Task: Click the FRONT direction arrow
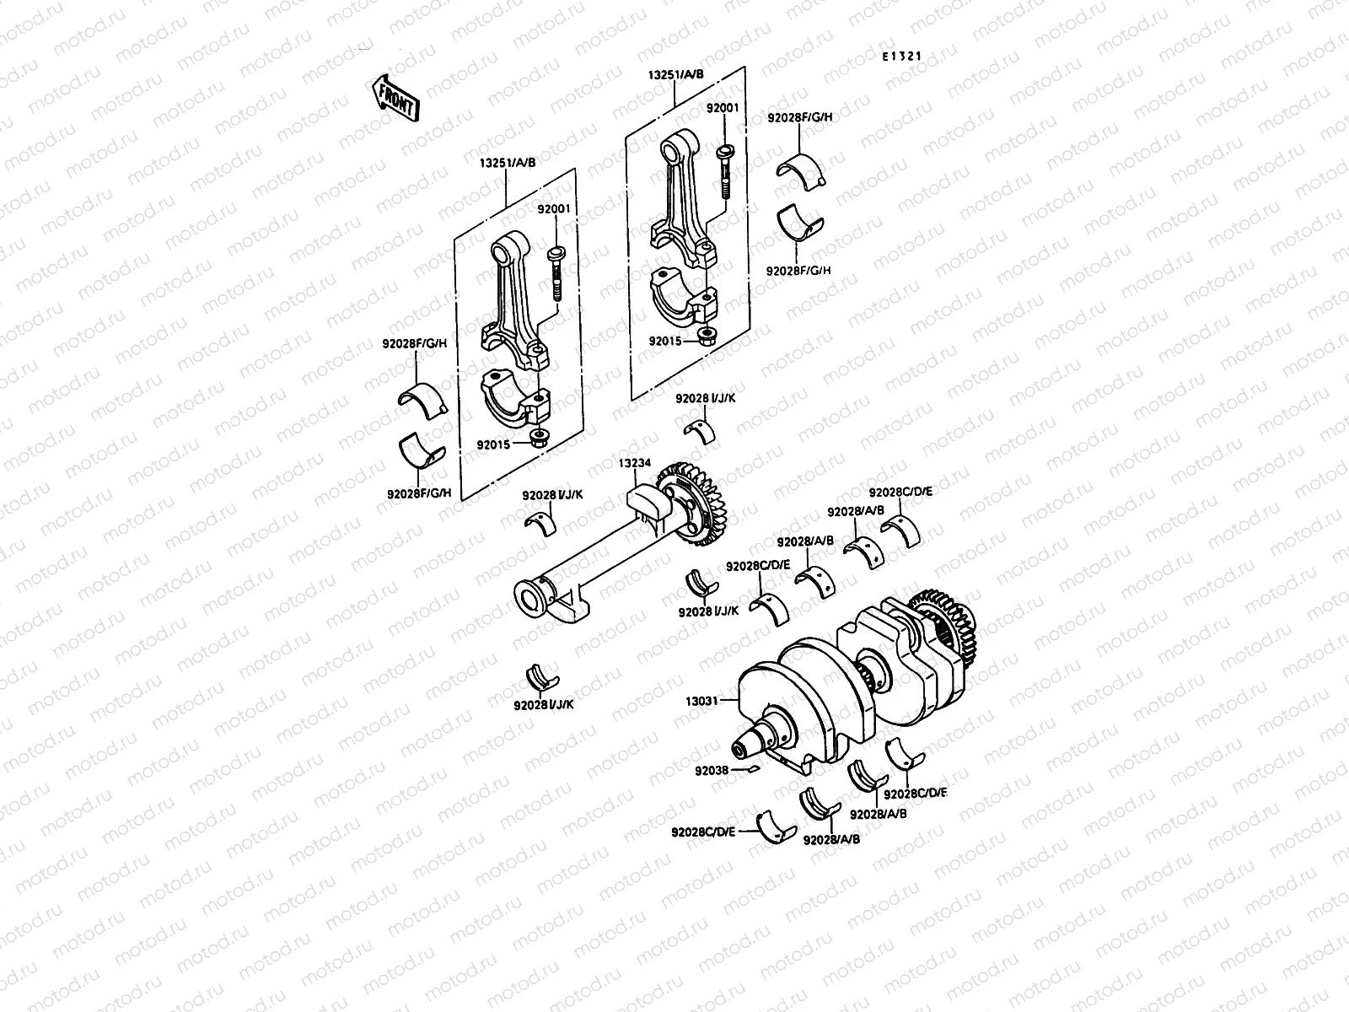(x=395, y=98)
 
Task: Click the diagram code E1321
(x=901, y=57)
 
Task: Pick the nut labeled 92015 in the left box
(x=540, y=438)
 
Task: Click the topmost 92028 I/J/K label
(x=705, y=397)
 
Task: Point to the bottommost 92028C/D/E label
(x=704, y=832)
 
